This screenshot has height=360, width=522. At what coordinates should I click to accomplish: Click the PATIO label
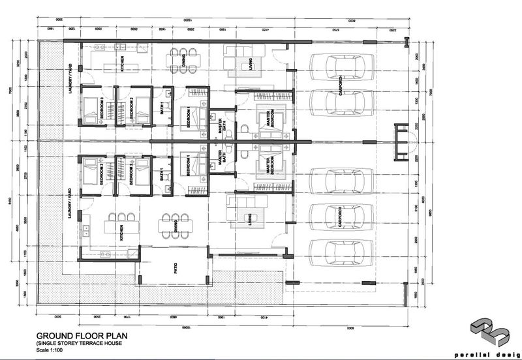coord(175,265)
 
